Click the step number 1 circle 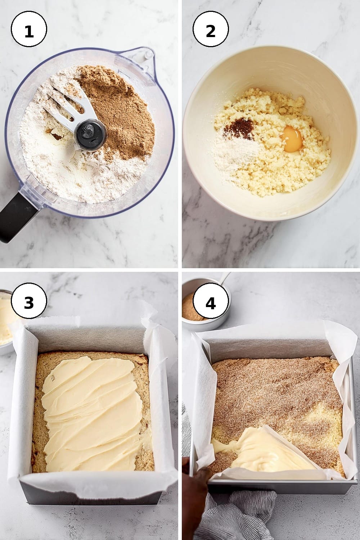[x=29, y=29]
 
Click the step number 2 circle [x=211, y=29]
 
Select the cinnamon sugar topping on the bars [x=277, y=395]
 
